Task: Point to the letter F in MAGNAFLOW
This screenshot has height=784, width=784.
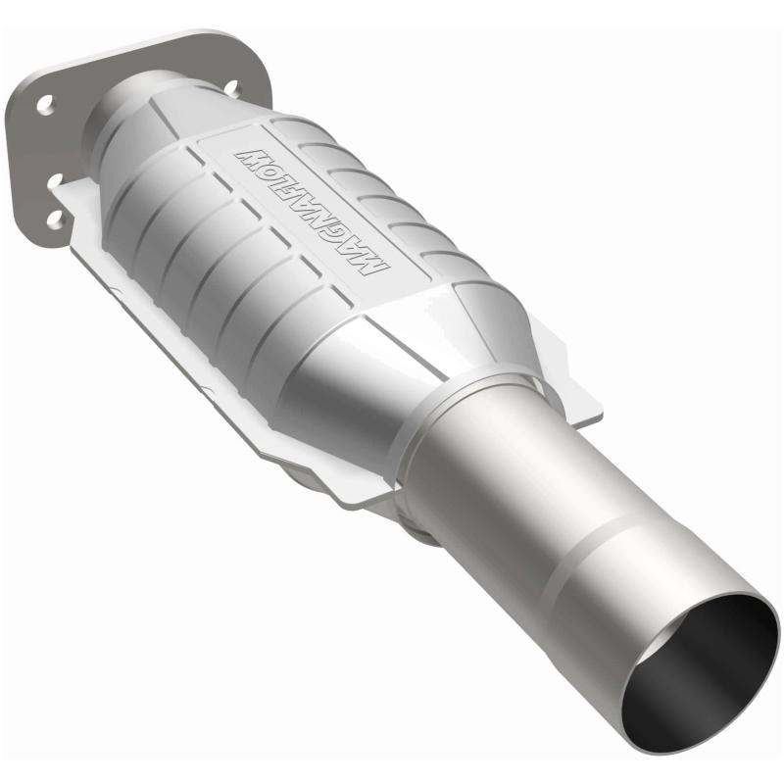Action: click(295, 197)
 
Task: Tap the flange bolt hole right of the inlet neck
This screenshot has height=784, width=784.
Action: click(231, 87)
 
